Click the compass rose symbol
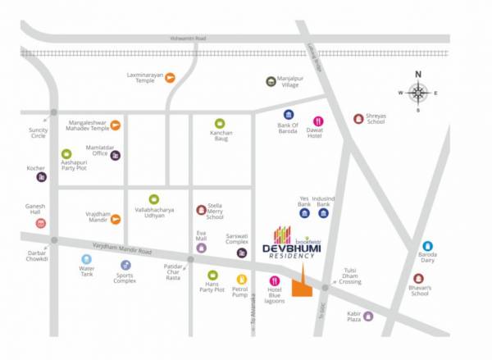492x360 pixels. [x=418, y=93]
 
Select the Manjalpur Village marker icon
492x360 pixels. [x=271, y=80]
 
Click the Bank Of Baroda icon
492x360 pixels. [x=289, y=115]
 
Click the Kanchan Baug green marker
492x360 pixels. [x=220, y=123]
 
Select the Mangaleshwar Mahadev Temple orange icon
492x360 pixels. [x=116, y=125]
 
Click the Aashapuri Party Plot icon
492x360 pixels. [x=66, y=153]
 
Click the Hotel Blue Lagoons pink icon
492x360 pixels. [x=275, y=281]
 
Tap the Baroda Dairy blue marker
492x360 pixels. [x=427, y=245]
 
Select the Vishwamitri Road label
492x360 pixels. [x=187, y=38]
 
